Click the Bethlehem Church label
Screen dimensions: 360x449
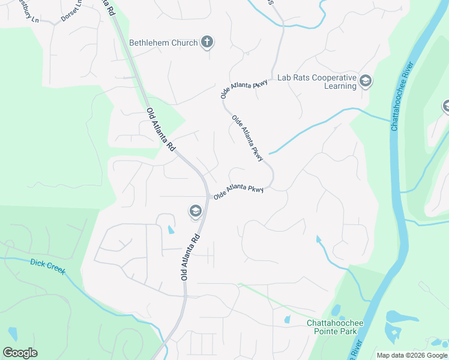click(x=163, y=43)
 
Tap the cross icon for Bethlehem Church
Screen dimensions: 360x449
click(x=207, y=42)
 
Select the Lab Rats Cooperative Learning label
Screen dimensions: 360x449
click(x=316, y=82)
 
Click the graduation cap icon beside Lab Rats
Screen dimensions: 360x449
click(x=365, y=81)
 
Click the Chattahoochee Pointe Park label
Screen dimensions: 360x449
click(x=336, y=327)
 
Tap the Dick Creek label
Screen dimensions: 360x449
click(x=47, y=266)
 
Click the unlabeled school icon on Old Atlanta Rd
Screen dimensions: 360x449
click(x=195, y=211)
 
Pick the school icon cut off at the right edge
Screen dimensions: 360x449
click(x=446, y=107)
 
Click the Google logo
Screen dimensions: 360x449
click(x=20, y=353)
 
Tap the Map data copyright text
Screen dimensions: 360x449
click(x=412, y=355)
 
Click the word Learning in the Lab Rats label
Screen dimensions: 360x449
click(x=341, y=86)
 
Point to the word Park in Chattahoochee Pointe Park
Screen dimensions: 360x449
click(x=355, y=331)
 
